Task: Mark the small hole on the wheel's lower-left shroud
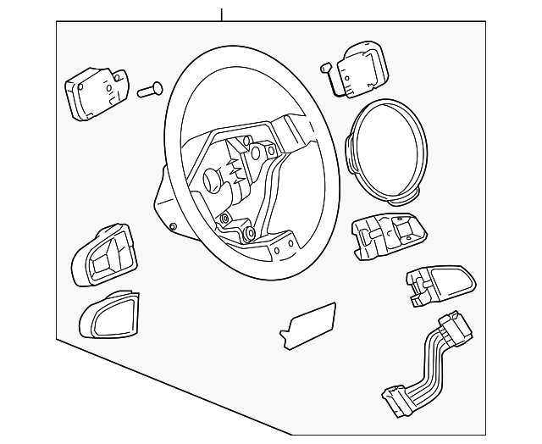pyautogui.click(x=173, y=226)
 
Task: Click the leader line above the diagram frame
pyautogui.click(x=221, y=14)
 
